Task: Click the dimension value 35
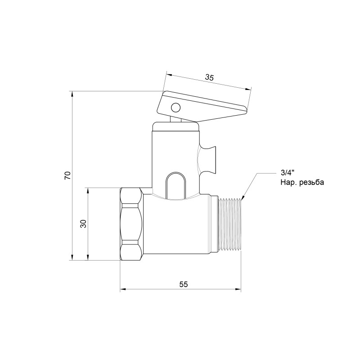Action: (209, 77)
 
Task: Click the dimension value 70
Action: (67, 175)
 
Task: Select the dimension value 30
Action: (83, 224)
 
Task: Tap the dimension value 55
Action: (183, 284)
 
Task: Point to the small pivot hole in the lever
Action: (175, 108)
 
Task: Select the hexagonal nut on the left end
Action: (131, 224)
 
